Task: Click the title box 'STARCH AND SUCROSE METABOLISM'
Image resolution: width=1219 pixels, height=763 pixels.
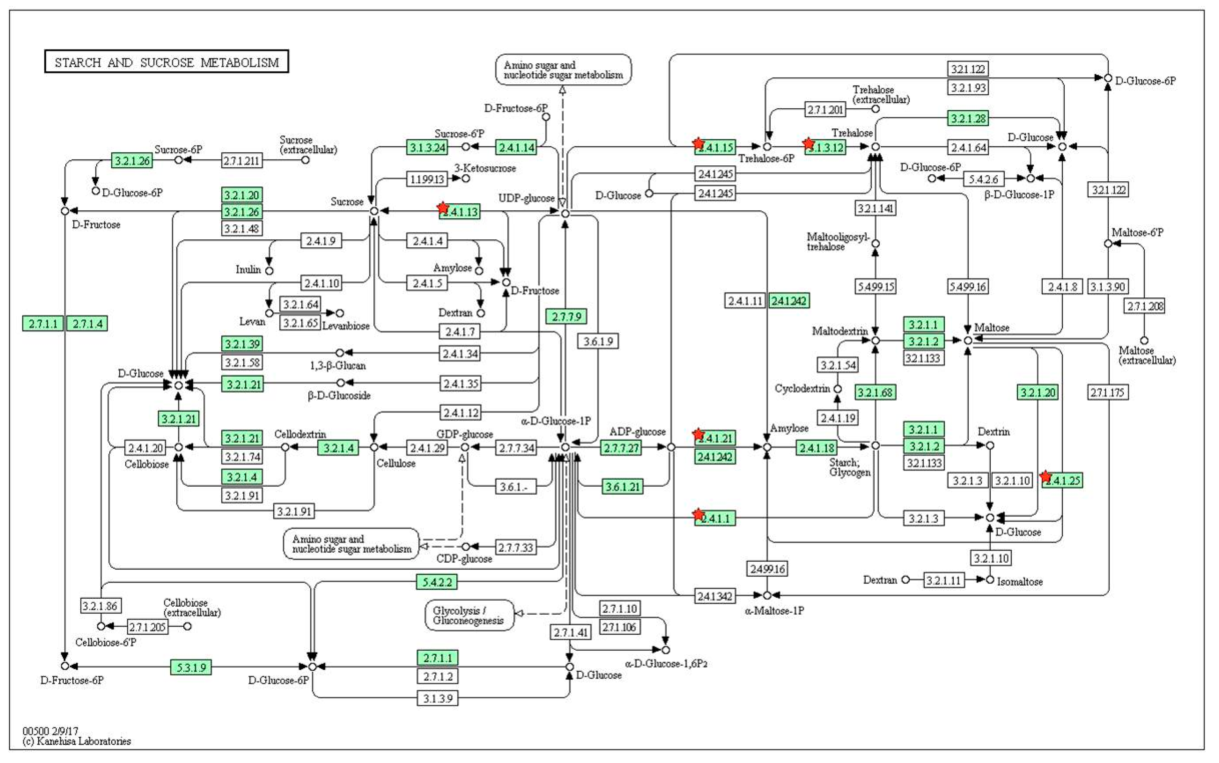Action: click(x=167, y=62)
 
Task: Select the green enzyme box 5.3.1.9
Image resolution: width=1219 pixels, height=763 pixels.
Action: click(x=191, y=667)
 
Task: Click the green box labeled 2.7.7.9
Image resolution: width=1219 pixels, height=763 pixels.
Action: click(x=566, y=316)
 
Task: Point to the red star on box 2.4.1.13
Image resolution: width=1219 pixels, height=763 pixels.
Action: click(x=443, y=208)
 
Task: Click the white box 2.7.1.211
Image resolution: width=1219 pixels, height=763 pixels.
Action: click(x=242, y=160)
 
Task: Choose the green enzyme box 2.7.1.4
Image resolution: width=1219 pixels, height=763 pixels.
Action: click(x=87, y=324)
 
